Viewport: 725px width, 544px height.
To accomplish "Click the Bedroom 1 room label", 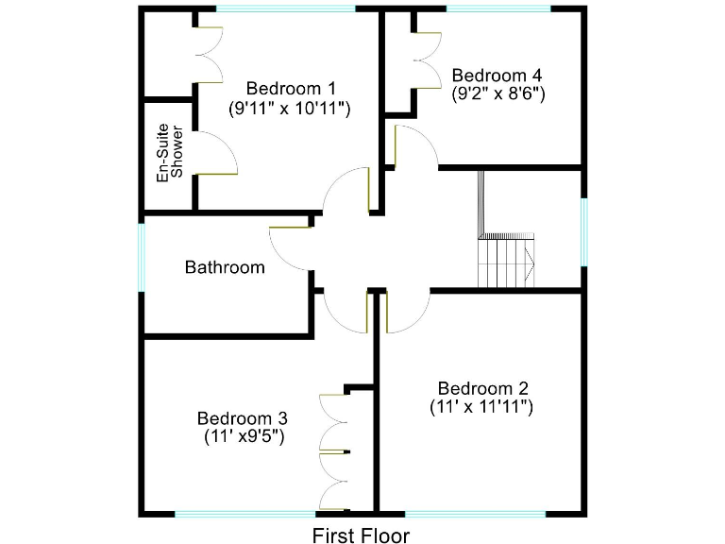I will coord(290,89).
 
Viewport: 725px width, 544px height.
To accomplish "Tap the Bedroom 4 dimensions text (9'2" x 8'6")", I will coord(498,93).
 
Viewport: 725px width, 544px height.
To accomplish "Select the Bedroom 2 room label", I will coord(482,388).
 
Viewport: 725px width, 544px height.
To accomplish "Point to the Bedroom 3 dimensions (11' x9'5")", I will coord(244,436).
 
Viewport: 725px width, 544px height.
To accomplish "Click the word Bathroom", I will coord(225,267).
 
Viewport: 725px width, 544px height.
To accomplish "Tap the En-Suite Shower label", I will coord(170,152).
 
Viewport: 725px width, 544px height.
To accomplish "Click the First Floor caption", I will coord(362,536).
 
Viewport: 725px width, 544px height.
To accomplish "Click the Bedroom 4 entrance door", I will coord(415,146).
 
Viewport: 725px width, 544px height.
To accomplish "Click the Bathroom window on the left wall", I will coord(142,257).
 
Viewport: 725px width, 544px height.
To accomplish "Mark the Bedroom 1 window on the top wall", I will coord(286,8).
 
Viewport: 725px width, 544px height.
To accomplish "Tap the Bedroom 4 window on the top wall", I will coord(497,8).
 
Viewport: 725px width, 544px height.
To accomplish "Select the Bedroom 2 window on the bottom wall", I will coord(475,514).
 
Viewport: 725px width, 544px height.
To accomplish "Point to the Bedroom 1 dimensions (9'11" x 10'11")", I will coord(290,109).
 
